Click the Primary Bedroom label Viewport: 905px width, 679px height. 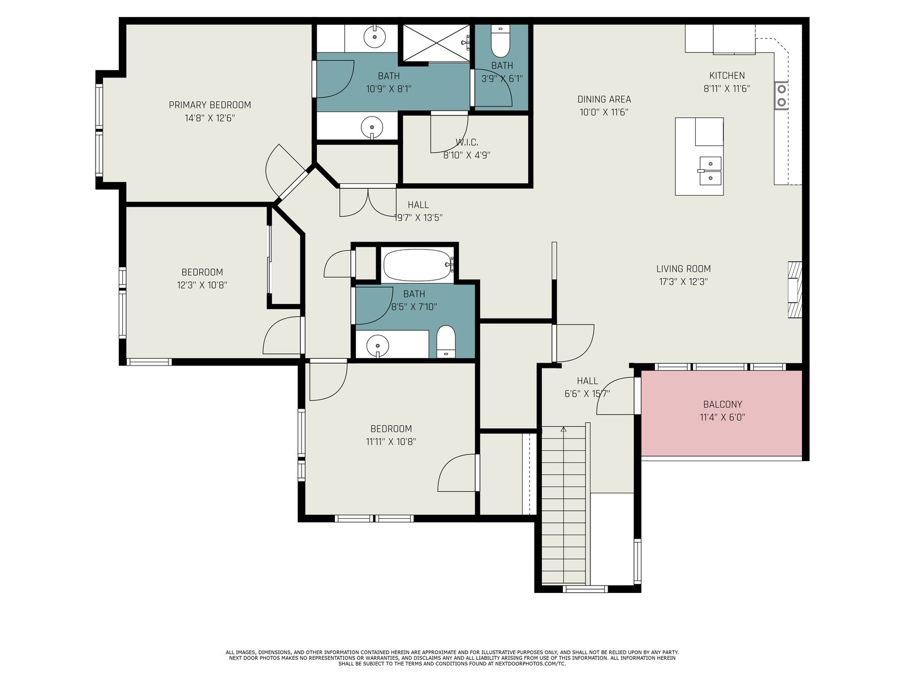[209, 105]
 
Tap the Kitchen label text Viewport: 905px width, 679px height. [727, 75]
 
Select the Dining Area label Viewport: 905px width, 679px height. [604, 100]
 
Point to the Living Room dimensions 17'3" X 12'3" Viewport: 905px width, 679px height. [684, 282]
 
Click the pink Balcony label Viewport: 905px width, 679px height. [722, 405]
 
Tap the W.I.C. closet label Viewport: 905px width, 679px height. [467, 143]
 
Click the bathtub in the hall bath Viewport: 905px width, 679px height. [417, 265]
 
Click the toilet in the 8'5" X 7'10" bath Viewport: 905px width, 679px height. [446, 342]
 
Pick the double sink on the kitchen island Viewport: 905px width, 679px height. [710, 170]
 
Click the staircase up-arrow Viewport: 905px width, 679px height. [563, 429]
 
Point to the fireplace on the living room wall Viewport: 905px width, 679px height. [795, 289]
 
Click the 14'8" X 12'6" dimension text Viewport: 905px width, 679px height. [209, 118]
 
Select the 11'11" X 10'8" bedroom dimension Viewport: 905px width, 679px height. [391, 442]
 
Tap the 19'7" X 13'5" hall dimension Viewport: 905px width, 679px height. [418, 218]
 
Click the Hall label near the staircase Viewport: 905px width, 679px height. [587, 381]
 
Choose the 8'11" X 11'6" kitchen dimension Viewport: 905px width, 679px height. [727, 89]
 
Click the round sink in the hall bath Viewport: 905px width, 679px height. [377, 344]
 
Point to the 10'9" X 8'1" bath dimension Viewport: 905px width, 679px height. [389, 89]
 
